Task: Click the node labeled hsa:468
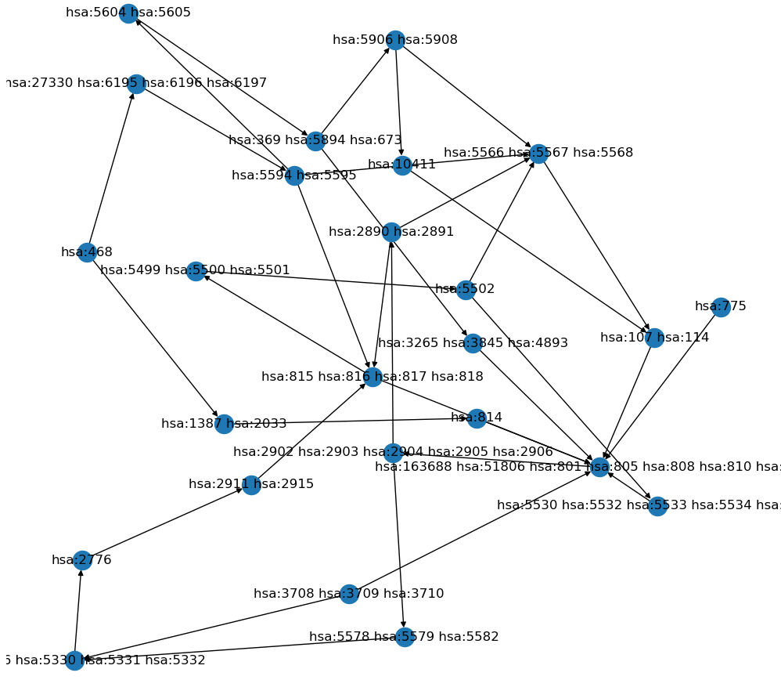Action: [x=87, y=252]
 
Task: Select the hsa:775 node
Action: [x=721, y=307]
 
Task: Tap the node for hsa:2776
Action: [x=81, y=559]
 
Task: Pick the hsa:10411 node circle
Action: [x=402, y=165]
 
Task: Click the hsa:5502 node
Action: [x=466, y=289]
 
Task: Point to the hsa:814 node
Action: [x=476, y=418]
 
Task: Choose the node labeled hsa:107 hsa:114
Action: [x=654, y=338]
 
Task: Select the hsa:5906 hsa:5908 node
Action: [x=395, y=40]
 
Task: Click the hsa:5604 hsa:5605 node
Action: [x=128, y=13]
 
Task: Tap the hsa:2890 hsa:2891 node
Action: [x=391, y=232]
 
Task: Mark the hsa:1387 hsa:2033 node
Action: [x=224, y=424]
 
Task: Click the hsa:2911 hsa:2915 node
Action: [x=251, y=485]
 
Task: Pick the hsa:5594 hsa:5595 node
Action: [x=294, y=175]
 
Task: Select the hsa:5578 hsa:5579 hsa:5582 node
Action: [x=404, y=636]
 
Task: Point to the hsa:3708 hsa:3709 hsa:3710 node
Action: [x=349, y=594]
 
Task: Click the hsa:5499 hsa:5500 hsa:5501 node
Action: [x=196, y=271]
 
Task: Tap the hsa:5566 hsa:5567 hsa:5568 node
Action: [x=538, y=153]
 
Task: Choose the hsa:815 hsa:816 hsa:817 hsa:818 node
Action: [x=373, y=377]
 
